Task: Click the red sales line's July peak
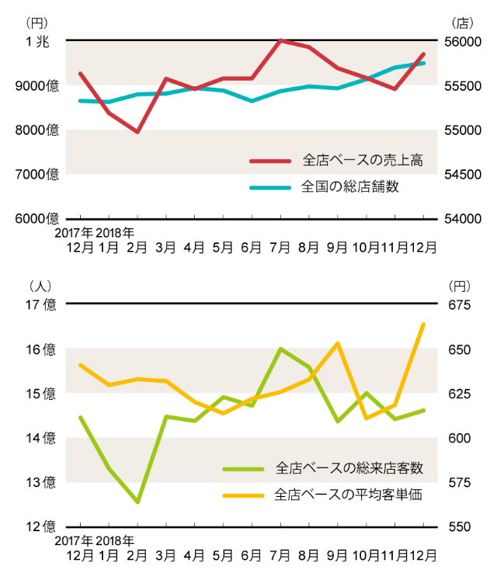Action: tap(280, 40)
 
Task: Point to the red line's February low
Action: tap(137, 132)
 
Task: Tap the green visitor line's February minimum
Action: tap(137, 502)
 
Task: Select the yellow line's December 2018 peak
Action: tap(423, 324)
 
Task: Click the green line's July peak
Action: tap(280, 349)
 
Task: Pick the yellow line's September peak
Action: tap(338, 343)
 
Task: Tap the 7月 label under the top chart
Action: tap(280, 248)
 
